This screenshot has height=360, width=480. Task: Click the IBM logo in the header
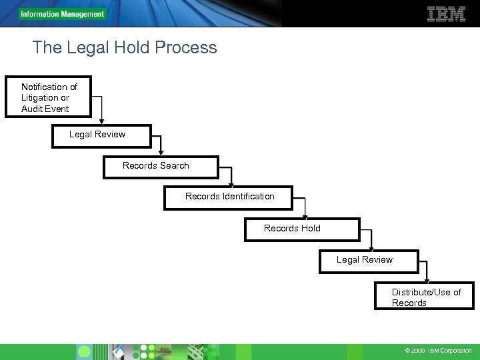pos(445,13)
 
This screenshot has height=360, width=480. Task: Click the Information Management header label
pos(62,14)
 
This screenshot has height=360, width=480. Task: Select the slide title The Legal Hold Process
pos(125,47)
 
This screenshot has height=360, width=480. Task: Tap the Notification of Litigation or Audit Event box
pos(48,97)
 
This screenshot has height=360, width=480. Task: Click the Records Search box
pos(160,167)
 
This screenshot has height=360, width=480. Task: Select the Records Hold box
pos(301,229)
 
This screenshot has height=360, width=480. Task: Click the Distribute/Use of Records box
pos(424,297)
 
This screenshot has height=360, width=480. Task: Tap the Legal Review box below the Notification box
pos(101,135)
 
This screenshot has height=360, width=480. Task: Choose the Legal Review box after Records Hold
pos(368,261)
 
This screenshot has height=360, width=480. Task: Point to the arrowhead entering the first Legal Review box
pos(101,121)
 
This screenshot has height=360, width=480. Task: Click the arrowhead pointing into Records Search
pos(161,153)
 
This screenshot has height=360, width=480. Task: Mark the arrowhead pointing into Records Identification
pos(231,184)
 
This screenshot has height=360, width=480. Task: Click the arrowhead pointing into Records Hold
pos(305,216)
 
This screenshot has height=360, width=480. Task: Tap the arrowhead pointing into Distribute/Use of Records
pos(427,281)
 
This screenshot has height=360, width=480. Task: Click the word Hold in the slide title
pos(125,47)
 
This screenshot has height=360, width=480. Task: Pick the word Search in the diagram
pos(174,165)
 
